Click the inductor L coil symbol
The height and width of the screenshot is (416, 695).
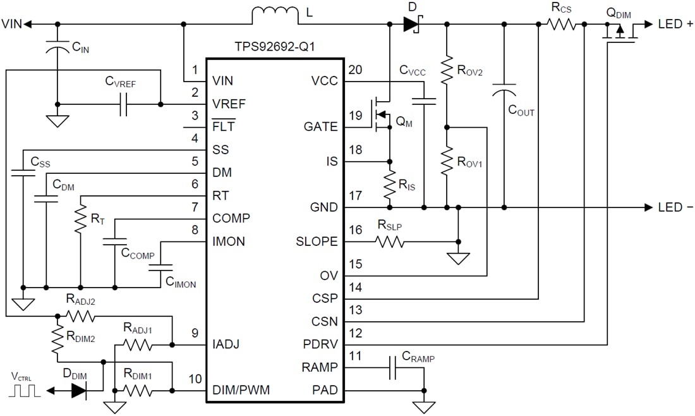tap(275, 16)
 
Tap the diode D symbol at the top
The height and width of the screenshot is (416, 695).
tap(411, 25)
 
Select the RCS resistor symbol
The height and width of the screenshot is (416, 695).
tap(562, 24)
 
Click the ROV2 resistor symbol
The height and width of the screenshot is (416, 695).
tap(447, 70)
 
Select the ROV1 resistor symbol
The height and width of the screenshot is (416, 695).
tap(447, 161)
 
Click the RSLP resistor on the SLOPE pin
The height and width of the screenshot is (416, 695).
tap(390, 241)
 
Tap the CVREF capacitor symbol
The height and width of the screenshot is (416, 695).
tap(123, 104)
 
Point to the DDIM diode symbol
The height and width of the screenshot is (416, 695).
tap(78, 390)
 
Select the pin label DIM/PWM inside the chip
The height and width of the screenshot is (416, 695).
tap(241, 390)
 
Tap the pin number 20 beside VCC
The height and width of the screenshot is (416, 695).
tap(355, 70)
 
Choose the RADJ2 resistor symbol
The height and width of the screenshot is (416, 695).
tap(80, 315)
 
